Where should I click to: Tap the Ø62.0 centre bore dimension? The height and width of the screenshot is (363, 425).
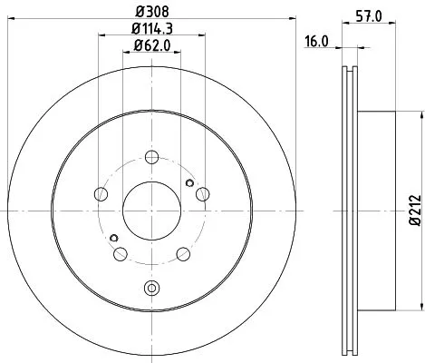(x=150, y=48)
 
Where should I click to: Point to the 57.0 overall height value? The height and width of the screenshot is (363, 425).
(x=367, y=15)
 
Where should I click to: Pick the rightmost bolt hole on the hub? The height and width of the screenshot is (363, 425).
(x=201, y=191)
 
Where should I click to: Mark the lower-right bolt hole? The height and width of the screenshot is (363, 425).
(x=182, y=252)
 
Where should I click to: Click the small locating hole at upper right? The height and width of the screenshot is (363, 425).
(x=188, y=181)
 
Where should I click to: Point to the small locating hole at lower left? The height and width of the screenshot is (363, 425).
(x=114, y=238)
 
